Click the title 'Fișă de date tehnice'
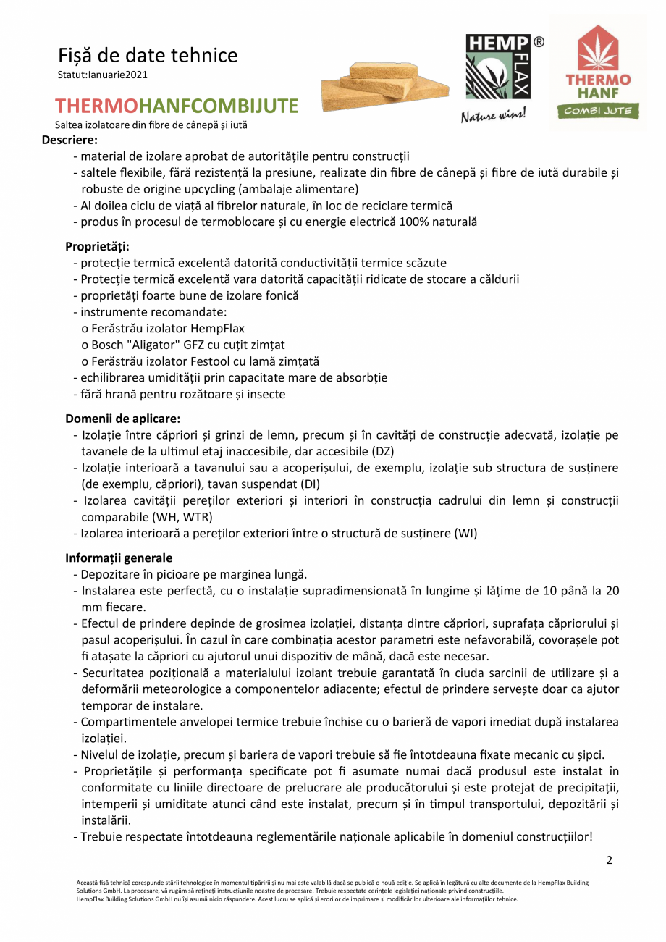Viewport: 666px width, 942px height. (148, 55)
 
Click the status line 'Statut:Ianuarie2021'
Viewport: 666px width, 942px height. (103, 75)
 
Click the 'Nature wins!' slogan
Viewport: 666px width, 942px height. (494, 114)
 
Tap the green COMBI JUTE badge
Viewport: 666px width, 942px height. (598, 110)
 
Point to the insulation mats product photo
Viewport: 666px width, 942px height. (383, 85)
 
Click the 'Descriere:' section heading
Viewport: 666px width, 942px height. (69, 139)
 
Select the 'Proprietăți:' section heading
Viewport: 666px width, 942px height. (97, 247)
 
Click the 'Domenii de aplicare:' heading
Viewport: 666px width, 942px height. (122, 419)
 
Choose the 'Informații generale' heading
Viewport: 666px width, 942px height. (119, 558)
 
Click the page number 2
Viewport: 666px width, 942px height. (609, 860)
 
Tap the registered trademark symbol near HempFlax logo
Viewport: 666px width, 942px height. (539, 42)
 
